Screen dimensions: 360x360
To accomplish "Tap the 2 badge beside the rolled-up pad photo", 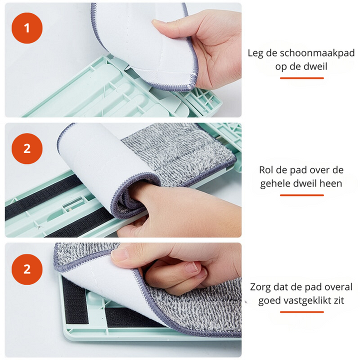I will pos(27,148).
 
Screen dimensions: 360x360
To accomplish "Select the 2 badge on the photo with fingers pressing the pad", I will pos(27,268).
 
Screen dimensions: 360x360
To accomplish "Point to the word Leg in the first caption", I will pos(255,53).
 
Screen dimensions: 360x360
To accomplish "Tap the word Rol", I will pos(267,170).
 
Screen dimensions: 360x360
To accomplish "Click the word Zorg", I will pos(262,287).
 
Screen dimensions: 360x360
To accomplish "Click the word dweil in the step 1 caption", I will pos(315,66).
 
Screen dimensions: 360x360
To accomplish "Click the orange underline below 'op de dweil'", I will pos(301,78).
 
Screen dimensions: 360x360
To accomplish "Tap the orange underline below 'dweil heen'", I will pos(301,195).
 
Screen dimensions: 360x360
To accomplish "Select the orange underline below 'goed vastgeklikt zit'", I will pos(301,312).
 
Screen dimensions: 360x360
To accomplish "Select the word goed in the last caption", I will pos(269,300).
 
